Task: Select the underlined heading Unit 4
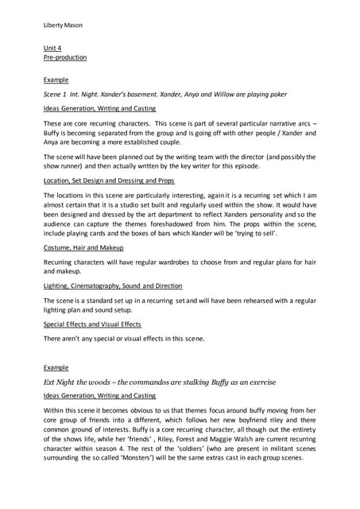pos(52,49)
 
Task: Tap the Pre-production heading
pos(65,57)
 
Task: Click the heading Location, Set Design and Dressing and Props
pos(107,181)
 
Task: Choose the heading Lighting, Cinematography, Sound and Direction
pos(112,285)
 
